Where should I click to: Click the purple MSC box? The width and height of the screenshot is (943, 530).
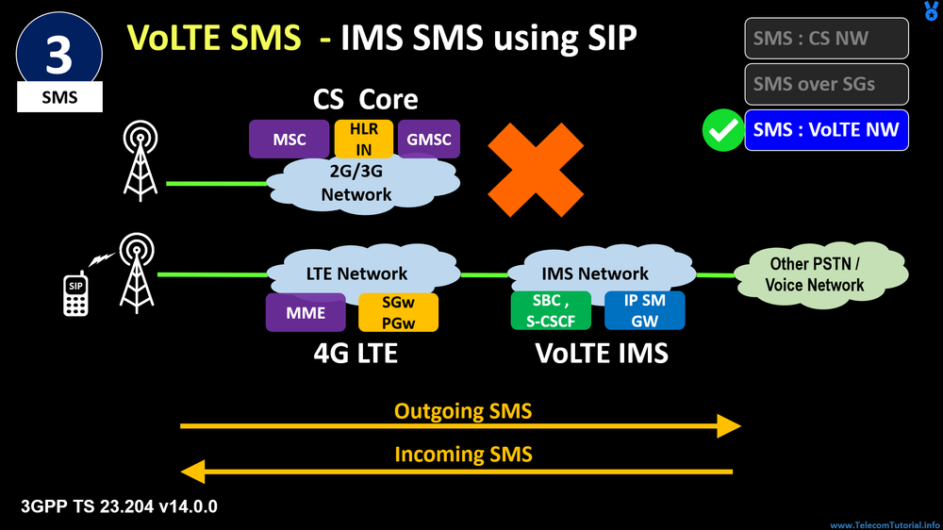click(x=289, y=140)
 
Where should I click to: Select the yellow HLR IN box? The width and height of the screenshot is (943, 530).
click(x=362, y=139)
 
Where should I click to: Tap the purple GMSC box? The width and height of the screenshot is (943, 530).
click(x=429, y=140)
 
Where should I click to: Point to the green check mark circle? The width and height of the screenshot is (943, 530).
click(x=723, y=131)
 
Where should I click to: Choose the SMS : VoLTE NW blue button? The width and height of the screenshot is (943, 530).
click(x=826, y=130)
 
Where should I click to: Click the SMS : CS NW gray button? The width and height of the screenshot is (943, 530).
click(x=826, y=39)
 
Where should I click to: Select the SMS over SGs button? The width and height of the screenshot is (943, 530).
click(x=826, y=84)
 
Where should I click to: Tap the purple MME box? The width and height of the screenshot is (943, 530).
click(x=305, y=312)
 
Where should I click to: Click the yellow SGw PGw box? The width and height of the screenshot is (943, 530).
click(x=398, y=312)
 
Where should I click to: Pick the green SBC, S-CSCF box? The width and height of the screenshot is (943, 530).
click(x=550, y=310)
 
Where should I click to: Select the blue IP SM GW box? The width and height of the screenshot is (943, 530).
click(x=645, y=310)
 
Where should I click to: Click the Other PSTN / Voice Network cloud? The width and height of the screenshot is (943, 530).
click(x=815, y=273)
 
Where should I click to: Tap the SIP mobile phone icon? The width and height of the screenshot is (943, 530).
click(x=75, y=294)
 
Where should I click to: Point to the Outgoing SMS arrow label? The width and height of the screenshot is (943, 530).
click(x=462, y=411)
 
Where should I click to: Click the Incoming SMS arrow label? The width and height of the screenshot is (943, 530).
click(x=462, y=455)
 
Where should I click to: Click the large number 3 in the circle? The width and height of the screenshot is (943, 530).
click(x=58, y=55)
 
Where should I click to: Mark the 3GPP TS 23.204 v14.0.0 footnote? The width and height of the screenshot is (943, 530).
click(x=119, y=506)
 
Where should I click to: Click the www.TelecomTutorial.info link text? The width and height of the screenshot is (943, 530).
click(x=885, y=524)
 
